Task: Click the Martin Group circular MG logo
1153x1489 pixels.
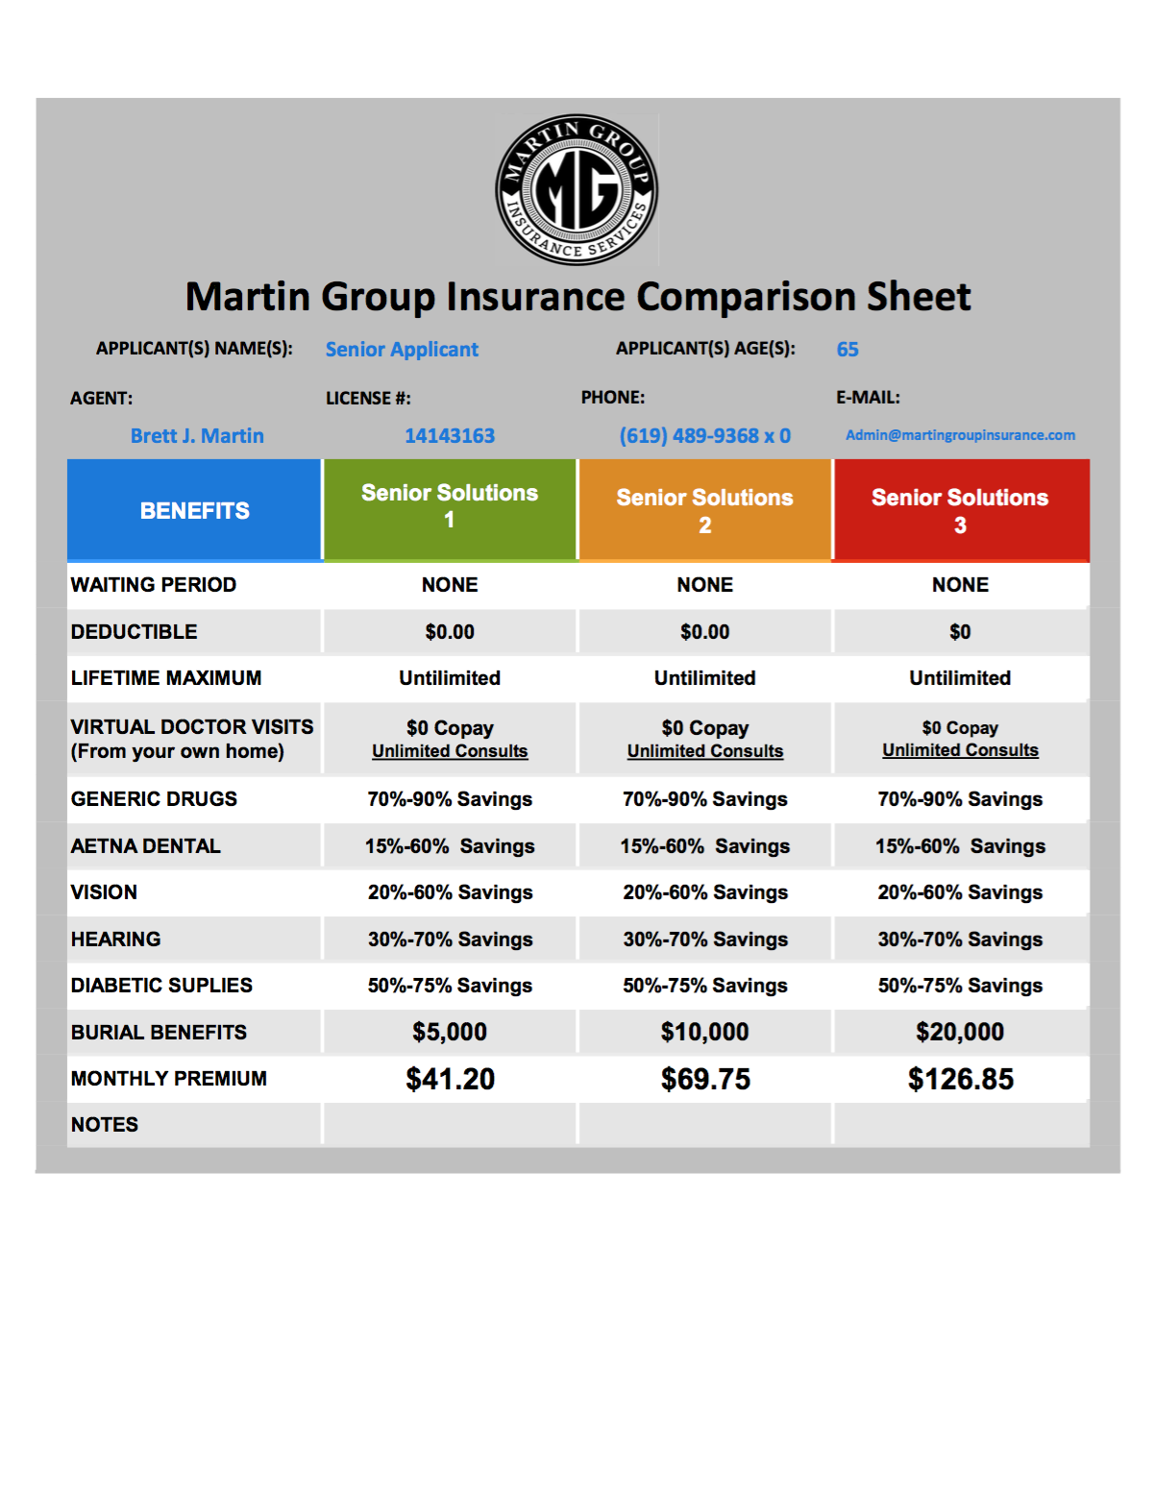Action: click(x=576, y=189)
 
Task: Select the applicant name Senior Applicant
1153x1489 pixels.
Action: click(x=402, y=350)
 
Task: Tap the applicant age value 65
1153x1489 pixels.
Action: click(x=847, y=350)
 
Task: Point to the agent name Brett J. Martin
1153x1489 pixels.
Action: click(x=197, y=436)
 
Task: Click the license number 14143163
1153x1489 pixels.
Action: click(x=450, y=436)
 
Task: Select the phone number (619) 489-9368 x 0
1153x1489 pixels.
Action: click(x=704, y=436)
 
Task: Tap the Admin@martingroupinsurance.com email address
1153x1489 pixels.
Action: click(x=960, y=435)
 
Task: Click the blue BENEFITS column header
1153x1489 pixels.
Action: click(x=194, y=510)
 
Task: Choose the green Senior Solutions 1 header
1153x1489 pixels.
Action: click(x=450, y=506)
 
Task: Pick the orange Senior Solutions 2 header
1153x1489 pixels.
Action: click(x=704, y=511)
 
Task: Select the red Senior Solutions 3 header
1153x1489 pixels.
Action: click(x=960, y=511)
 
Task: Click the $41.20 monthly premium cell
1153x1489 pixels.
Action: click(x=450, y=1079)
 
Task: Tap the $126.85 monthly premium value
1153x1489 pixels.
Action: click(x=960, y=1079)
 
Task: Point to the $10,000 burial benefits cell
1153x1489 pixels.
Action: click(x=704, y=1032)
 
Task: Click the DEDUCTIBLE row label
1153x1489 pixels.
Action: click(x=135, y=632)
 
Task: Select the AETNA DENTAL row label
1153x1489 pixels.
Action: click(x=146, y=846)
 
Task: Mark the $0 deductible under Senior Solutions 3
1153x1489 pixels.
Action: click(x=960, y=632)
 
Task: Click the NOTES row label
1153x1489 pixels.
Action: click(x=105, y=1125)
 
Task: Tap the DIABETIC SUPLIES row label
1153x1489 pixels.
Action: click(x=161, y=986)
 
